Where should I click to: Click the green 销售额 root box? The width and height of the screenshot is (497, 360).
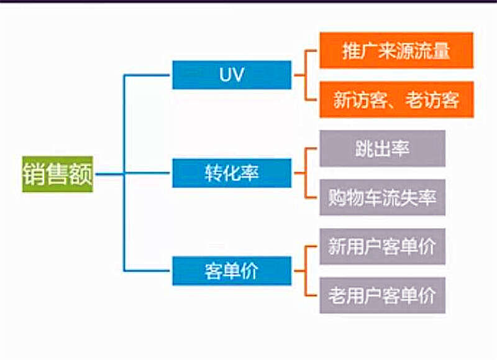[x=58, y=174]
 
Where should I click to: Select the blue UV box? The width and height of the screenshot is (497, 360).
[x=232, y=75]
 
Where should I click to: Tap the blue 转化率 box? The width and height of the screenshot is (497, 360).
[x=232, y=173]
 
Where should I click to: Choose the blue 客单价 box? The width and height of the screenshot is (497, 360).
[x=232, y=271]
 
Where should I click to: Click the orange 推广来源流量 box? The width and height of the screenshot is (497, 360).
[x=396, y=50]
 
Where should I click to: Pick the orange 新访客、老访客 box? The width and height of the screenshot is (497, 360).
[x=396, y=99]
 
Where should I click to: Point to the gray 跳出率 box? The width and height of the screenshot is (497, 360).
[x=382, y=149]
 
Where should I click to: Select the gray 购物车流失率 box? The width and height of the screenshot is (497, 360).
[x=382, y=198]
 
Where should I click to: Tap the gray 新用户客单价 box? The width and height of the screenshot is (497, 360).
[x=382, y=247]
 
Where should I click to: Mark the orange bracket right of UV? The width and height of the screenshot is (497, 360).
[x=306, y=75]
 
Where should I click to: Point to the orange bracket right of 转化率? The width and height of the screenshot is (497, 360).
[x=306, y=173]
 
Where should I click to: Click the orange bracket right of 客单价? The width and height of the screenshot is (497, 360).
[x=306, y=271]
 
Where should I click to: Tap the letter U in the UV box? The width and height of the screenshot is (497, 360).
[x=225, y=75]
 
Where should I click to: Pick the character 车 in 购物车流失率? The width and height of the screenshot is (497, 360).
[x=382, y=198]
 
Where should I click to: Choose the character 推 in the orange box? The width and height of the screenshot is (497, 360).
[x=352, y=50]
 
